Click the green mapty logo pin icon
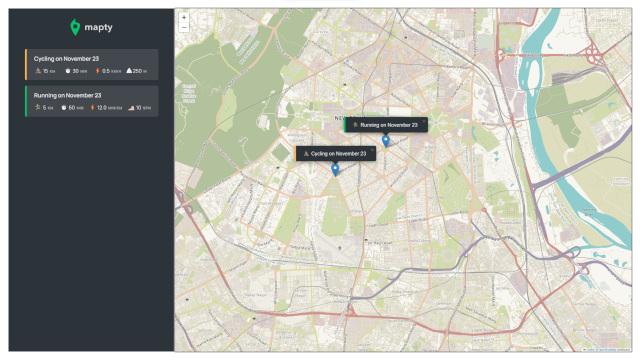[x=74, y=26]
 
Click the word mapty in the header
[x=98, y=26]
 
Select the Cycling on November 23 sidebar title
[x=65, y=59]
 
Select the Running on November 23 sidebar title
[x=67, y=95]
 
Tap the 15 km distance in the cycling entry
[x=45, y=71]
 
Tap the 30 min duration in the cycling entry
[x=74, y=71]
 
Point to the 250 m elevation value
[x=136, y=71]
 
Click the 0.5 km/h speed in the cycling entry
[x=106, y=71]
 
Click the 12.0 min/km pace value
[x=106, y=107]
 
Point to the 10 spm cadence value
[x=140, y=107]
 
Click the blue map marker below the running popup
[x=386, y=140]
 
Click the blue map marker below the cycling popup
[x=335, y=169]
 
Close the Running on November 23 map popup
[x=424, y=121]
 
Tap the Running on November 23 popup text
[x=388, y=125]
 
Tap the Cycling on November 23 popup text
[x=338, y=154]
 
